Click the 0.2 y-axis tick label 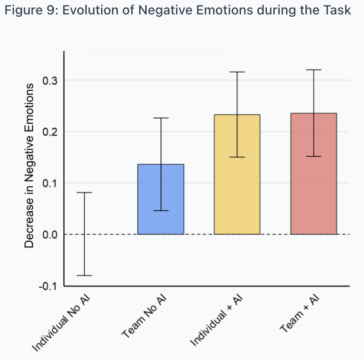click(49, 132)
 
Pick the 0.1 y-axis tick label click(49, 183)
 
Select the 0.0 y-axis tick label click(49, 234)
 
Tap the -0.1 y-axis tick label click(48, 286)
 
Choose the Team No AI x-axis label click(145, 316)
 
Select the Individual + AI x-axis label click(217, 321)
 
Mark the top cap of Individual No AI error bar click(84, 193)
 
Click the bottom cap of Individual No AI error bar click(84, 275)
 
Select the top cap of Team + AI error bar click(313, 70)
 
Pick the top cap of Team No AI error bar click(161, 118)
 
